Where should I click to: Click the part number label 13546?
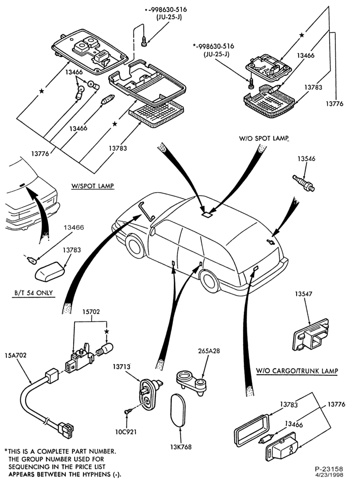306,159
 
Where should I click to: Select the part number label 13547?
304,294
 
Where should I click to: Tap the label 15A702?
15,355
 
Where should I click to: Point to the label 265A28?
209,351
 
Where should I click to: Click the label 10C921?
126,432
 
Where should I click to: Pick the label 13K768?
181,447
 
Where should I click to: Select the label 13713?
121,366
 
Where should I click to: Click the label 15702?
91,312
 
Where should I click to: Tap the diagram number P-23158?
329,469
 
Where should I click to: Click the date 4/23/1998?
331,475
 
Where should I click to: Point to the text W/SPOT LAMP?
92,186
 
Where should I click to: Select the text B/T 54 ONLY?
33,293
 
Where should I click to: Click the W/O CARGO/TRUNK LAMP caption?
297,371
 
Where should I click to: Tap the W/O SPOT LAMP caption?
264,138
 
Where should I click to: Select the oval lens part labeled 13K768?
179,410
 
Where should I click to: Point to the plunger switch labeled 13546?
304,183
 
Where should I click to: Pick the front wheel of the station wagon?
135,246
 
